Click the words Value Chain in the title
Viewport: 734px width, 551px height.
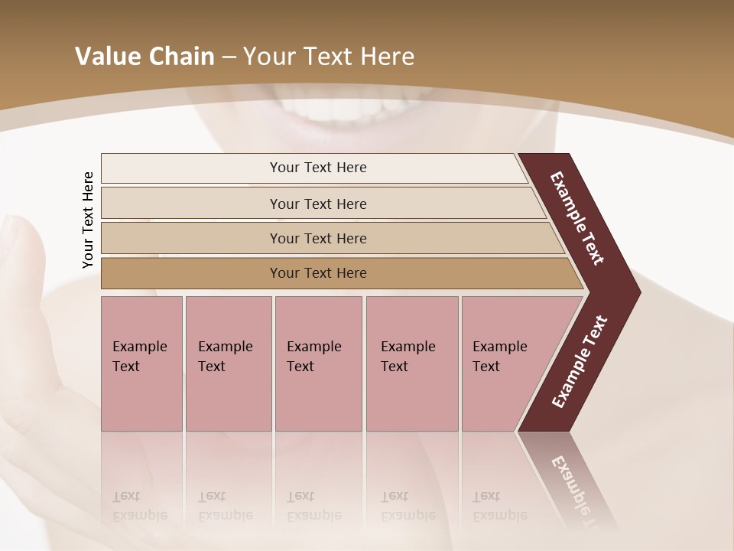point(145,57)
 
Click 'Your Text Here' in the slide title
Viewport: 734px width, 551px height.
point(329,57)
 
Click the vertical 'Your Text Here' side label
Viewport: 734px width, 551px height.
point(88,220)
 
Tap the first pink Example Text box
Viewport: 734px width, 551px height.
point(141,364)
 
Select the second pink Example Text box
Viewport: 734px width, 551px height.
point(228,364)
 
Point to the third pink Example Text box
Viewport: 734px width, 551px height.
point(318,364)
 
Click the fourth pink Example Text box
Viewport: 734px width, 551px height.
point(412,364)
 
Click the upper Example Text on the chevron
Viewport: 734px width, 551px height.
point(577,218)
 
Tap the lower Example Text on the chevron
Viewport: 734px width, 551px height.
point(580,361)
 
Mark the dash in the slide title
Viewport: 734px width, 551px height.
point(229,57)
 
